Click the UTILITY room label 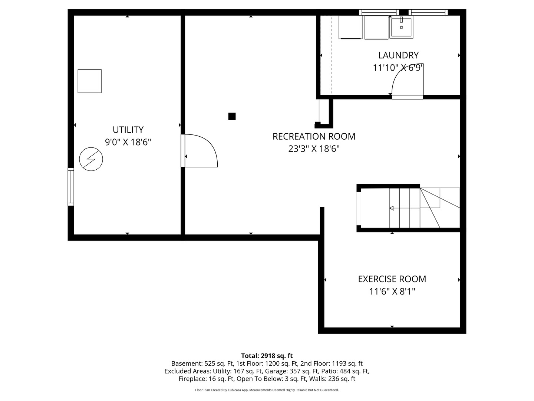128,130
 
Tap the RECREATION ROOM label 314,136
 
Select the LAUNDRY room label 399,55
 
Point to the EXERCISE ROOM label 392,279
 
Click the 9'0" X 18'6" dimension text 128,142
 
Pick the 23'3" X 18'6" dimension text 314,149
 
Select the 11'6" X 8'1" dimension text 392,291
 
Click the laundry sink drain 401,27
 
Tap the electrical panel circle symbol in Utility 91,159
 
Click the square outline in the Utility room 89,81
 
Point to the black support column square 232,116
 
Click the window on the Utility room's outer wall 71,187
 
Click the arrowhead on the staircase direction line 392,208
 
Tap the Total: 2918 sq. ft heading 267,356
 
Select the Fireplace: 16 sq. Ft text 206,379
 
